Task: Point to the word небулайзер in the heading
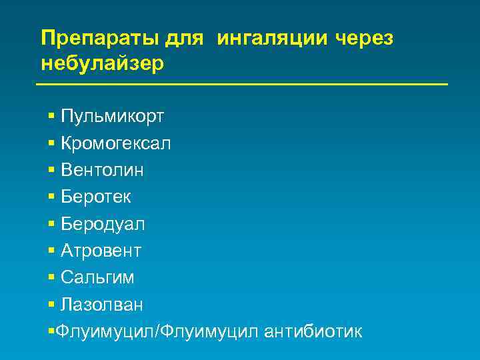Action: (102, 65)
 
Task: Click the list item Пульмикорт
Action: (113, 117)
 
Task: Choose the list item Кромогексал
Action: (115, 143)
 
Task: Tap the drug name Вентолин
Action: (102, 170)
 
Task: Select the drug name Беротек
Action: (96, 197)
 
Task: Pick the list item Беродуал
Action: (103, 224)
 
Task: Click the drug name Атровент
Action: (101, 251)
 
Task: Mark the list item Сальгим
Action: (97, 277)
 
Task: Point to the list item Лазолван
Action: (101, 305)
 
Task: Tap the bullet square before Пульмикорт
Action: (51, 117)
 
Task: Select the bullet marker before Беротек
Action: (51, 197)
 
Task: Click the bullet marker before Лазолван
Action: (51, 305)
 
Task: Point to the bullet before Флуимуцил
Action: (51, 331)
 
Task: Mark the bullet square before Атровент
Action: (51, 251)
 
